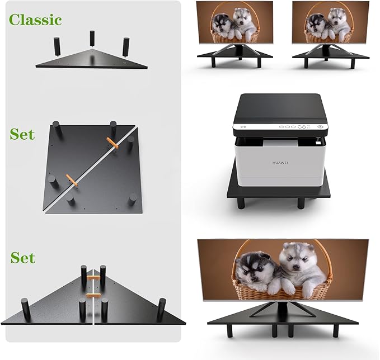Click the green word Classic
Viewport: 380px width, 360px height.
click(x=35, y=20)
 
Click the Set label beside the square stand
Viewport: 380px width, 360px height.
click(x=22, y=134)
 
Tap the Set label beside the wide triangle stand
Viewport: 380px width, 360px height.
click(x=22, y=258)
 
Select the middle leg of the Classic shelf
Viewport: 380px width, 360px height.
click(x=91, y=39)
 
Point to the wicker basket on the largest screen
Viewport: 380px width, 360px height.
click(x=280, y=285)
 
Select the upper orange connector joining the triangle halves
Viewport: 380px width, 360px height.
click(x=93, y=277)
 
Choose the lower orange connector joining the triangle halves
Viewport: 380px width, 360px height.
click(x=93, y=295)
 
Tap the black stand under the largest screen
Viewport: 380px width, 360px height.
click(x=283, y=319)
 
